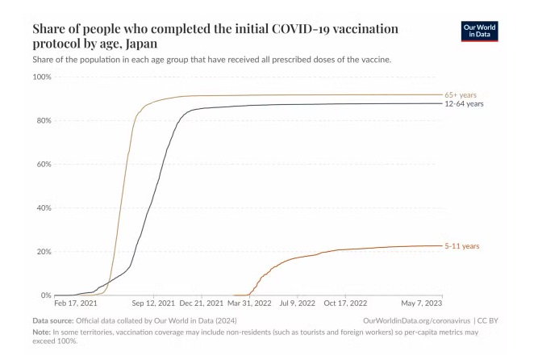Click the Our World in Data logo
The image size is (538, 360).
480,31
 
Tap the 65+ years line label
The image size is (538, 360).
461,94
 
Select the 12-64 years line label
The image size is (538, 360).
464,104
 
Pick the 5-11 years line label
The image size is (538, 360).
461,245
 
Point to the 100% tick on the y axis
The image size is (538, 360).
41,77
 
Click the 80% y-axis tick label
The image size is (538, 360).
43,120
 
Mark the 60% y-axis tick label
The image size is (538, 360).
43,164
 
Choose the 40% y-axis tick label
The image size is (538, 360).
43,207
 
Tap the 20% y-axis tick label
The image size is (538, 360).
43,251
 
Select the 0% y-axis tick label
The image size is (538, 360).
45,295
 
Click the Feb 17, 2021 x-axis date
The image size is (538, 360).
76,305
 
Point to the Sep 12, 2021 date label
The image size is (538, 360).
153,305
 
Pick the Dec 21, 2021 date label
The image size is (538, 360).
202,305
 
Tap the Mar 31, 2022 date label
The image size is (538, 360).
250,305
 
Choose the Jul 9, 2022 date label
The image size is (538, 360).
298,305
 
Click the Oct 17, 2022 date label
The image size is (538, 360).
346,305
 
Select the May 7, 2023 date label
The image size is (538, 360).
423,305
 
